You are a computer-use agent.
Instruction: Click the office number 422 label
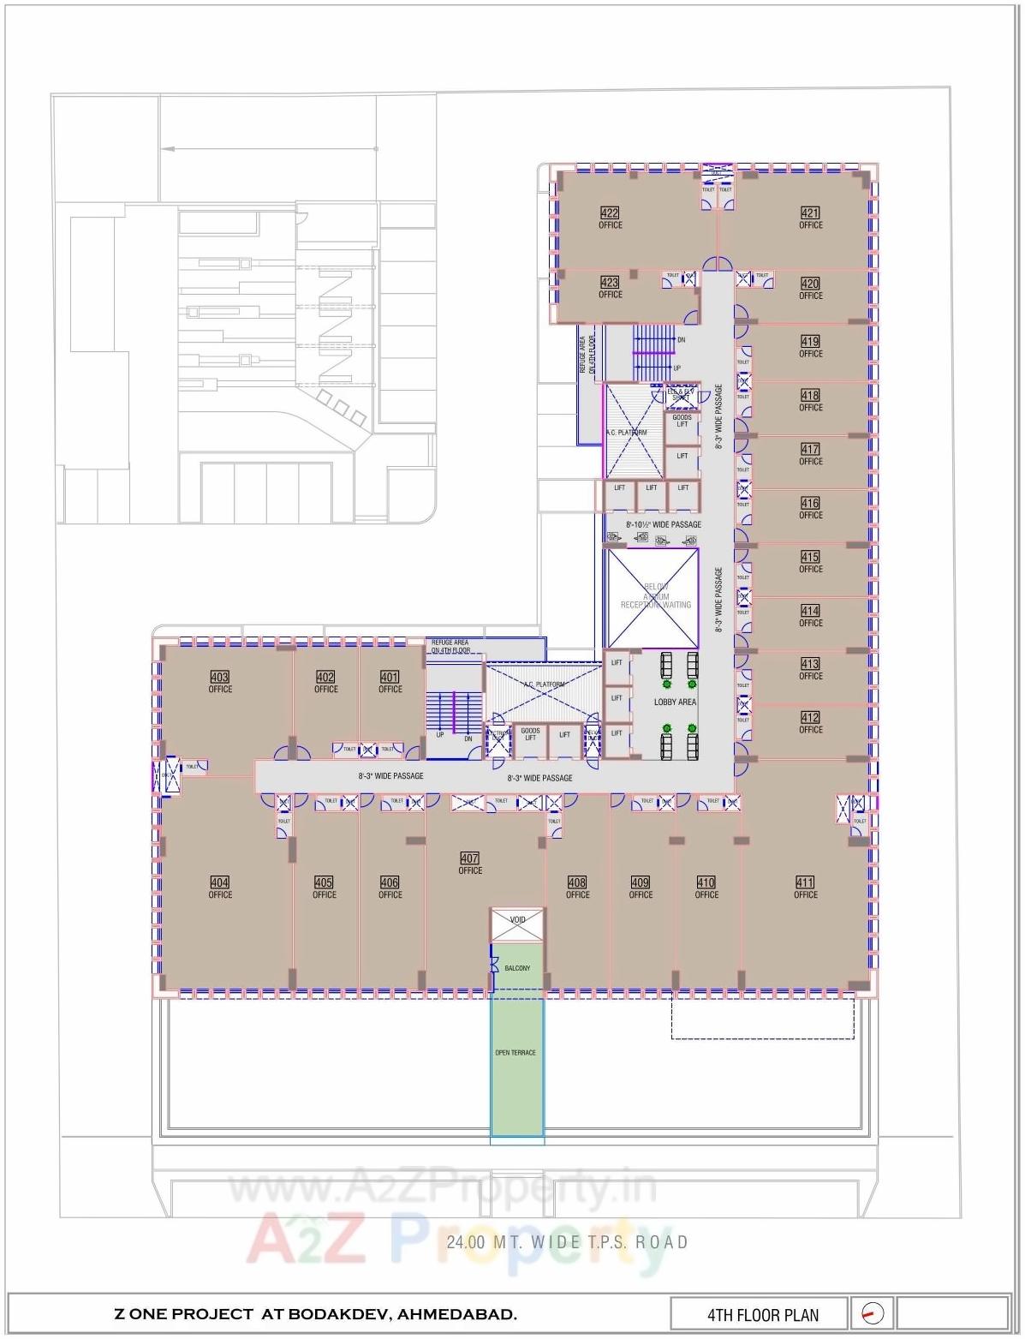pyautogui.click(x=610, y=214)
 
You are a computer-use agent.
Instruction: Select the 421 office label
pyautogui.click(x=810, y=214)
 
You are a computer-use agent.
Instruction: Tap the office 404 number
pyautogui.click(x=220, y=882)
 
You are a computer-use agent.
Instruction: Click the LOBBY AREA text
pyautogui.click(x=675, y=702)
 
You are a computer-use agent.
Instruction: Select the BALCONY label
pyautogui.click(x=517, y=968)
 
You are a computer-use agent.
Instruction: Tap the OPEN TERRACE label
pyautogui.click(x=515, y=1052)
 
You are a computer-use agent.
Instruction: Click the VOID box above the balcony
pyautogui.click(x=517, y=920)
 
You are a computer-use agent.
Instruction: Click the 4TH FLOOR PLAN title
pyautogui.click(x=762, y=1315)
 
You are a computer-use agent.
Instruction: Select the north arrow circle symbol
pyautogui.click(x=873, y=1313)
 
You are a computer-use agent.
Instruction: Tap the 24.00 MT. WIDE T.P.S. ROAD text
pyautogui.click(x=567, y=1241)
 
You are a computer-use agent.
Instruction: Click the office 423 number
pyautogui.click(x=610, y=283)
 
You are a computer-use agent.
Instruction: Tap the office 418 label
pyautogui.click(x=810, y=396)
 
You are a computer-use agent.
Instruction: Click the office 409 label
pyautogui.click(x=641, y=883)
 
